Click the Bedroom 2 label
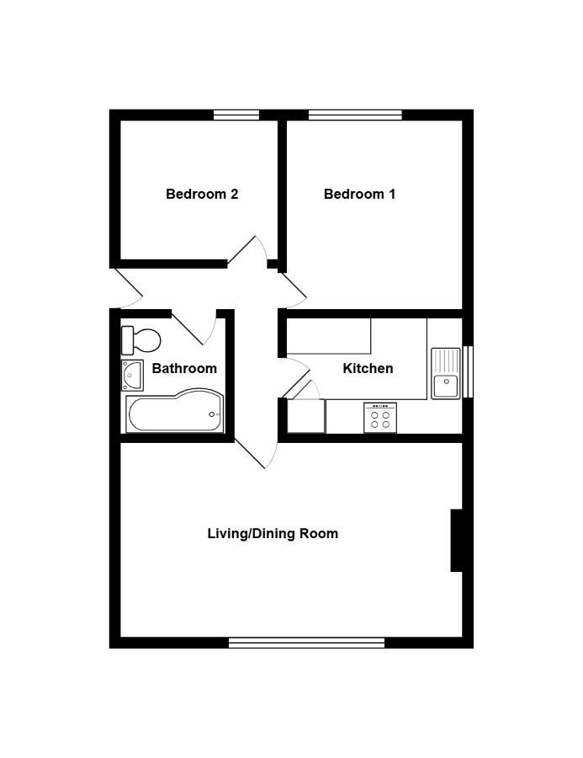coord(202,194)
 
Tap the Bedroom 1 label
coord(359,194)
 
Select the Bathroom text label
coord(184,368)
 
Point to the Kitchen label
coord(368,368)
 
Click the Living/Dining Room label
coord(273,534)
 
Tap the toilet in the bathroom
coord(140,340)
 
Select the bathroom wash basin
coord(132,375)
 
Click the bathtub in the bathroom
coord(175,410)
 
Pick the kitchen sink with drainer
coord(446,373)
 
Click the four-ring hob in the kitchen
coord(380,418)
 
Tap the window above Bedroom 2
coord(236,115)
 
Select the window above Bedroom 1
coord(355,115)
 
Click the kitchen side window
coord(468,371)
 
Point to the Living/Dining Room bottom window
coord(306,643)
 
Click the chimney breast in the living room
coord(457,540)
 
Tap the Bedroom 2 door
coord(242,250)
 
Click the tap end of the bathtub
coord(212,414)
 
